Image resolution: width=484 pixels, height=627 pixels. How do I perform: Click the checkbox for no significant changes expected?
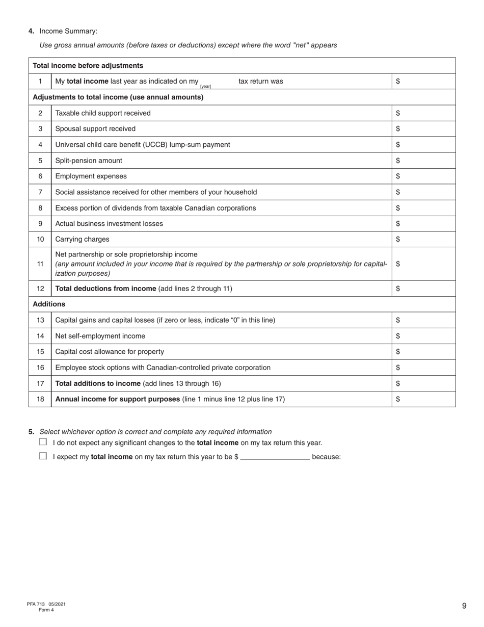click(x=43, y=442)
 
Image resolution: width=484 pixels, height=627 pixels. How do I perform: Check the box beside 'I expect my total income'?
click(x=43, y=456)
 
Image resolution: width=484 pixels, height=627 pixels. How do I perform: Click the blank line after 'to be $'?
click(x=275, y=457)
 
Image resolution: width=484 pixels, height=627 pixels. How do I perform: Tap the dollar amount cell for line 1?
click(x=423, y=82)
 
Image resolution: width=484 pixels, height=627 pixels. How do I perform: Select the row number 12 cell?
click(x=40, y=289)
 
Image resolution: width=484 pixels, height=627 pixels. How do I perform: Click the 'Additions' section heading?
click(x=49, y=304)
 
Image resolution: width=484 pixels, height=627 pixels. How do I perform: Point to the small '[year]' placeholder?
click(x=205, y=86)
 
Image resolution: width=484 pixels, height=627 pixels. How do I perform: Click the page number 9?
click(x=464, y=606)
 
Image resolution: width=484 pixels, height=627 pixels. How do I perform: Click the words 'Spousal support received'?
click(x=95, y=129)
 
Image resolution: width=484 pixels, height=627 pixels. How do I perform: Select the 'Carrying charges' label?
click(x=82, y=239)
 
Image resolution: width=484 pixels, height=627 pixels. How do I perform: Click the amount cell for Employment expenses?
click(x=423, y=176)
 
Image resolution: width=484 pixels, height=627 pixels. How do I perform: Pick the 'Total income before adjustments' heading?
click(x=88, y=66)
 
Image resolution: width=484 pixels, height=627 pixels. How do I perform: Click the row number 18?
click(x=40, y=399)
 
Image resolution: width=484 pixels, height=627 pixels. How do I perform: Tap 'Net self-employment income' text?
click(x=100, y=336)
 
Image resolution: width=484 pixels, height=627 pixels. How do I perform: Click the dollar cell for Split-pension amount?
click(x=423, y=161)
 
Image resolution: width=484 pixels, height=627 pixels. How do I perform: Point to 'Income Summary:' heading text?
click(x=68, y=32)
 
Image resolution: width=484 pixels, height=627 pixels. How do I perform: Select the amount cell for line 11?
click(x=423, y=264)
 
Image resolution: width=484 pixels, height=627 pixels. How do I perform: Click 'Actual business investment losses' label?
click(x=109, y=223)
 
